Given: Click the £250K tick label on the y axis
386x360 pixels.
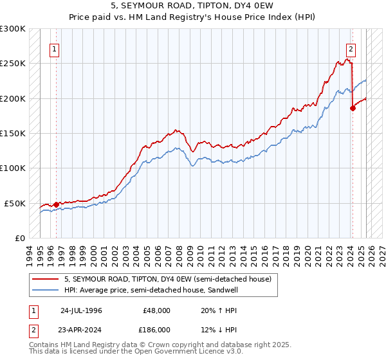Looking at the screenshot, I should click(12, 64).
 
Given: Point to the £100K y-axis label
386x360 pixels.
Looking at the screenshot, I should click(12, 168).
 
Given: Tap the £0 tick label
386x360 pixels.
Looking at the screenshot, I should click(19, 238).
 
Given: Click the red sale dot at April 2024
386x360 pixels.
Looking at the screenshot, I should click(353, 108).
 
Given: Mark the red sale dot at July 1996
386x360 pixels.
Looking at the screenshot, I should click(57, 204).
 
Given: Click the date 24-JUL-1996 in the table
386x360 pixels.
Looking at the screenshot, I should click(81, 310).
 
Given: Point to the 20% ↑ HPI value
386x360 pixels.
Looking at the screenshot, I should click(214, 310).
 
